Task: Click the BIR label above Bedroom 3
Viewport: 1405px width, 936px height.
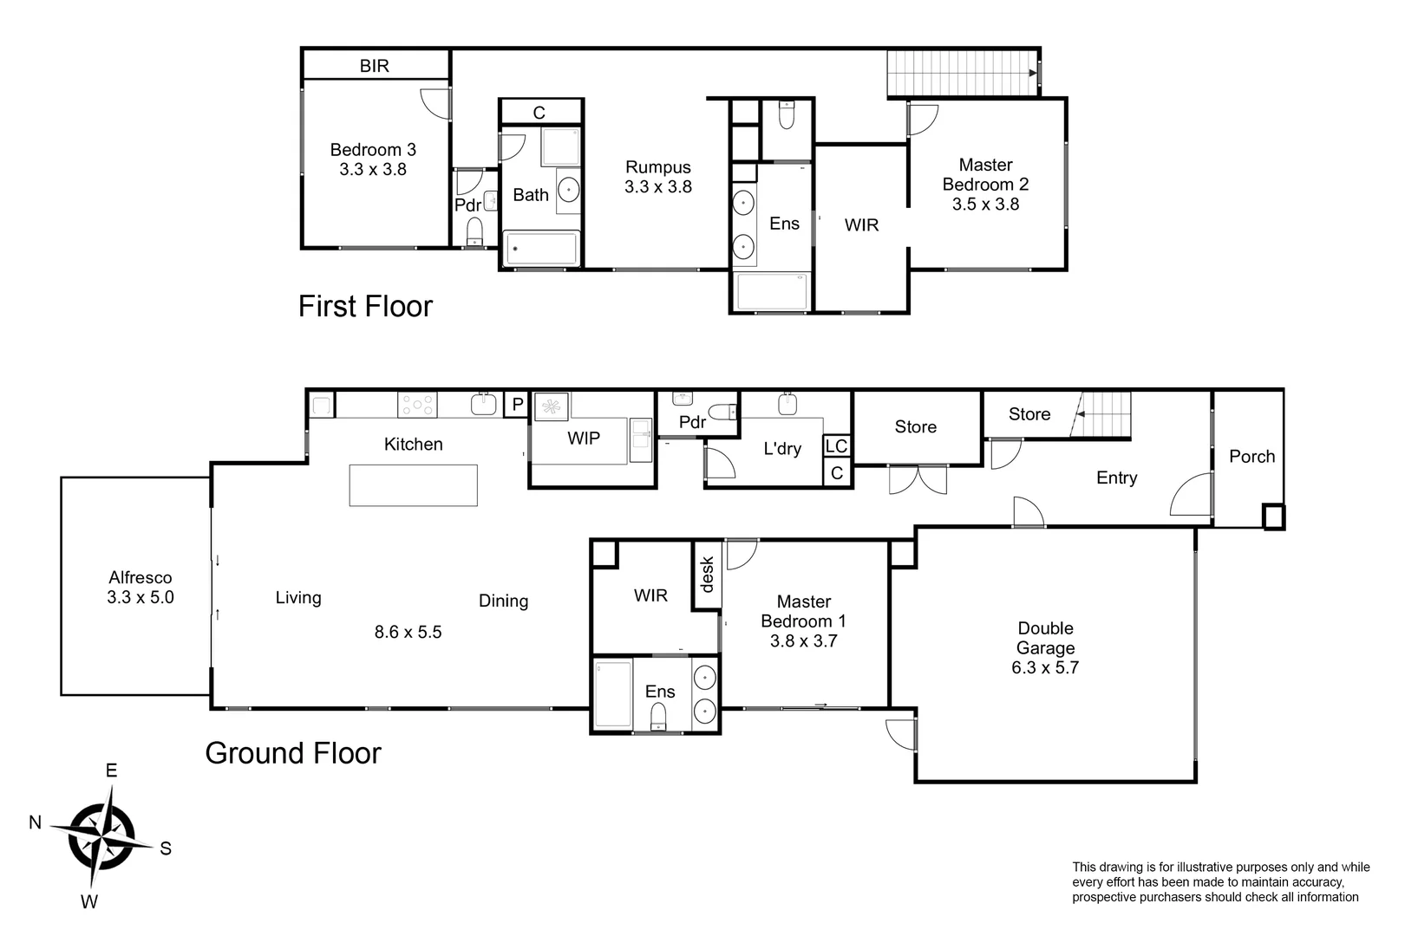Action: [374, 66]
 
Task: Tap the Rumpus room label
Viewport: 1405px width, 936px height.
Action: [658, 167]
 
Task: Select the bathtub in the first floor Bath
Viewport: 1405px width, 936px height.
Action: [541, 249]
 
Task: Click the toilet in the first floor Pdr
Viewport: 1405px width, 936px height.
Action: [474, 231]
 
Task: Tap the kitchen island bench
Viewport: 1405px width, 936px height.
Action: [413, 485]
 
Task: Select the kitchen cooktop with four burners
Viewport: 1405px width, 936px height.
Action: [417, 405]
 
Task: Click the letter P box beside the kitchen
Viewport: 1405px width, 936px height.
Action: [517, 405]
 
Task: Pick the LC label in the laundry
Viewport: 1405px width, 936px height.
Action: [836, 446]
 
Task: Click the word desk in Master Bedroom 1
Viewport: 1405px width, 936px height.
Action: [707, 575]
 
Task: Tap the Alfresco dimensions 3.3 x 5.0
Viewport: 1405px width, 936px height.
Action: [140, 597]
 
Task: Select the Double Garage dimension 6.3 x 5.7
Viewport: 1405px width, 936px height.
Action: [1045, 667]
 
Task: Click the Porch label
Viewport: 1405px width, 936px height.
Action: [1251, 457]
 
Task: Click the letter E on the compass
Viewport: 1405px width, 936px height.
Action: [111, 770]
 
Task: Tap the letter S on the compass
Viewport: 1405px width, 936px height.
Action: [166, 848]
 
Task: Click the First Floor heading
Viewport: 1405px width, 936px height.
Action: [365, 306]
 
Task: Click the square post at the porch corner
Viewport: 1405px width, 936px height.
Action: [1273, 517]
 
